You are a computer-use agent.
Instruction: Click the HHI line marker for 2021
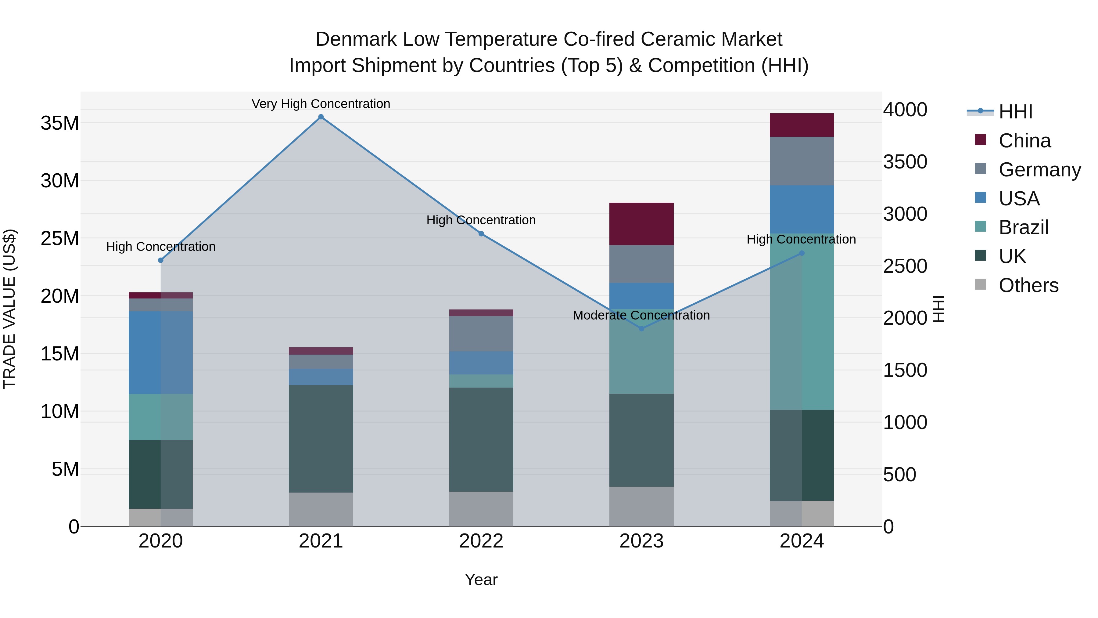[x=321, y=117]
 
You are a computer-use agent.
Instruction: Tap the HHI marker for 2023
[x=641, y=328]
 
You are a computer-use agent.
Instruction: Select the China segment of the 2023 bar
[x=641, y=224]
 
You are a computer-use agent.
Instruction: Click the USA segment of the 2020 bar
[x=161, y=352]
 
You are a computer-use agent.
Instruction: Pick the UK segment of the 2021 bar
[x=321, y=439]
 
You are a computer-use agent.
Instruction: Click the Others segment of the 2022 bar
[x=481, y=509]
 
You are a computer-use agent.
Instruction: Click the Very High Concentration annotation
[x=321, y=104]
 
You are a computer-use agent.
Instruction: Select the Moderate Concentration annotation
[x=641, y=315]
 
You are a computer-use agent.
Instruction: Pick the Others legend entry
[x=1028, y=285]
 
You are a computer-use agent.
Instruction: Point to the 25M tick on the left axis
[x=60, y=238]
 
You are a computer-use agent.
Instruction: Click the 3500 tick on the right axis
[x=905, y=162]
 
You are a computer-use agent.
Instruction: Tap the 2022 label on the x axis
[x=481, y=541]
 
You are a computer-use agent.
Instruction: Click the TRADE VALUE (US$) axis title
[x=9, y=309]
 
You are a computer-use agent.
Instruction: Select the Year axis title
[x=481, y=580]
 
